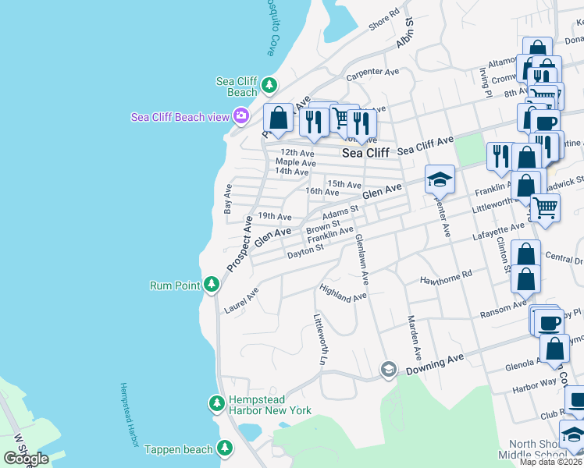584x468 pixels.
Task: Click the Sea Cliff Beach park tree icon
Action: pyautogui.click(x=269, y=83)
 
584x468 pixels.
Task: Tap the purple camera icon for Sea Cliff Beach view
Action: pyautogui.click(x=240, y=116)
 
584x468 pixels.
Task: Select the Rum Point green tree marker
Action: pyautogui.click(x=211, y=285)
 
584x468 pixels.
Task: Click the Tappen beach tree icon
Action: pyautogui.click(x=225, y=448)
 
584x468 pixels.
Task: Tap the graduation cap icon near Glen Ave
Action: pyautogui.click(x=440, y=179)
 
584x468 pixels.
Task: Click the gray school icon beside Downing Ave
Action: pyautogui.click(x=388, y=368)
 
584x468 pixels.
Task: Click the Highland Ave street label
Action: pyautogui.click(x=343, y=292)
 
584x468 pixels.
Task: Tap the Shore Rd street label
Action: pyautogui.click(x=384, y=19)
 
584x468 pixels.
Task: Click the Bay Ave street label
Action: pyautogui.click(x=228, y=199)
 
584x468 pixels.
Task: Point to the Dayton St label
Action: pyautogui.click(x=304, y=253)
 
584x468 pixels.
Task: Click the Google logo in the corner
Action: pyautogui.click(x=27, y=459)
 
